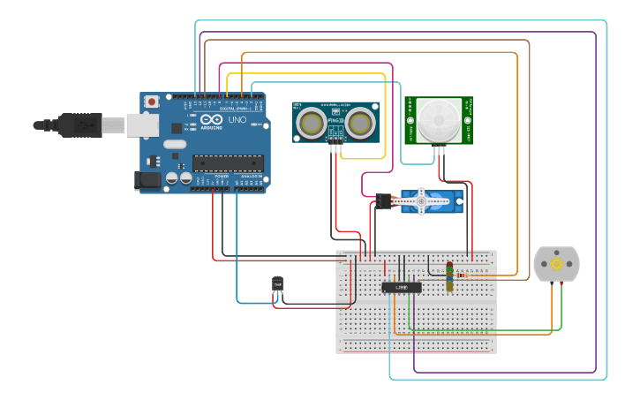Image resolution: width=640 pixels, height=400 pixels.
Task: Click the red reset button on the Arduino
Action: click(152, 102)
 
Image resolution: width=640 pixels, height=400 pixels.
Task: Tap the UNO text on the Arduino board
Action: click(237, 119)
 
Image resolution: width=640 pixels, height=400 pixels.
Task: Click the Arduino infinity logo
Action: click(211, 119)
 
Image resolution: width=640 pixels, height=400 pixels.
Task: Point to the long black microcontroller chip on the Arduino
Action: click(228, 162)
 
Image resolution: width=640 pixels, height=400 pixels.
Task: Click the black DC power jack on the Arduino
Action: click(147, 181)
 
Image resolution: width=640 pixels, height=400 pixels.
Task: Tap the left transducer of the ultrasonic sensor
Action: click(311, 122)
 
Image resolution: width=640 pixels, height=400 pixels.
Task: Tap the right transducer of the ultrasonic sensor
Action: click(361, 122)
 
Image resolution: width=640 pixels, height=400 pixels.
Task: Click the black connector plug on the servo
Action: click(383, 201)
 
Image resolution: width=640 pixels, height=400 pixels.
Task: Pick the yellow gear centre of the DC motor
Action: click(557, 264)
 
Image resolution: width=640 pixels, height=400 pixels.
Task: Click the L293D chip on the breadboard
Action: click(402, 286)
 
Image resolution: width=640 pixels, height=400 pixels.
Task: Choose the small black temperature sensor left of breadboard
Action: click(277, 283)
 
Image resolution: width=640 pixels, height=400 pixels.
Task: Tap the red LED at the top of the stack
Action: click(449, 266)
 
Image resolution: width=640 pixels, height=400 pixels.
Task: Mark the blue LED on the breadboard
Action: click(449, 279)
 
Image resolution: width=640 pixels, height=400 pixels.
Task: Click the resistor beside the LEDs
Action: click(463, 275)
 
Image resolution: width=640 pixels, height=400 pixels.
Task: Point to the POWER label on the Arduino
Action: click(222, 176)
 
